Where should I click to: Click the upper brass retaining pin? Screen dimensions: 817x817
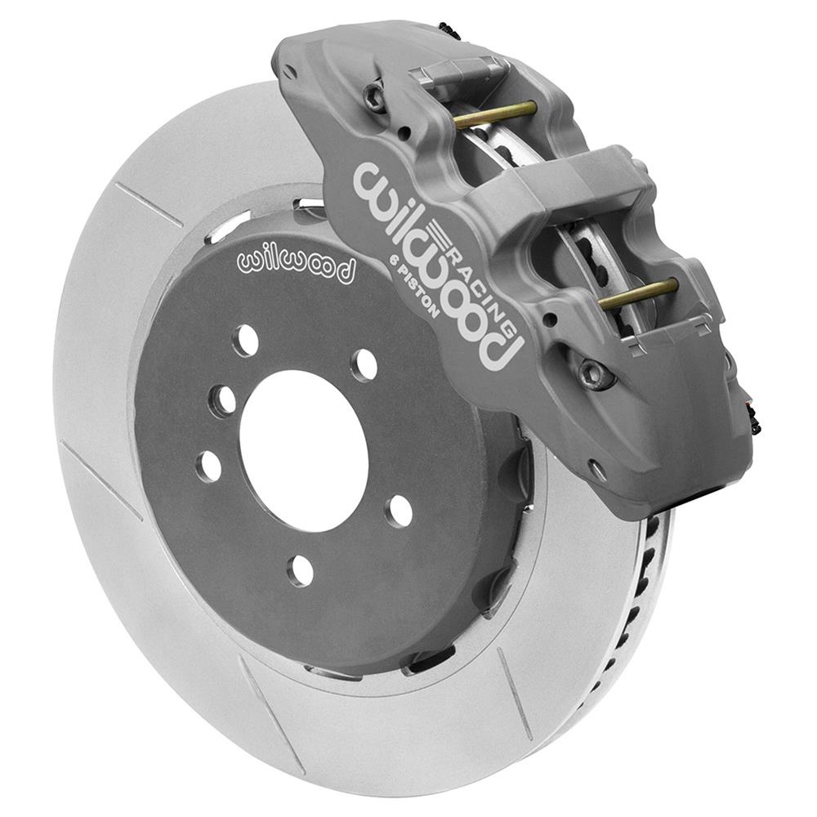(x=495, y=114)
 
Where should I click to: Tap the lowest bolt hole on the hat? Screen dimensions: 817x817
(x=300, y=570)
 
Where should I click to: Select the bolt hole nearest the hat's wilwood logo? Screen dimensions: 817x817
(x=245, y=341)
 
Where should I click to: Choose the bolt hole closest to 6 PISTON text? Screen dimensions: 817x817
(x=364, y=365)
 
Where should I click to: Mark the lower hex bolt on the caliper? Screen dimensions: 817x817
(x=594, y=375)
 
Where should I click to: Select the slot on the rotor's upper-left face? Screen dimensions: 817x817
(x=148, y=204)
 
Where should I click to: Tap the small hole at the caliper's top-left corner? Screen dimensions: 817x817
(x=288, y=73)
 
